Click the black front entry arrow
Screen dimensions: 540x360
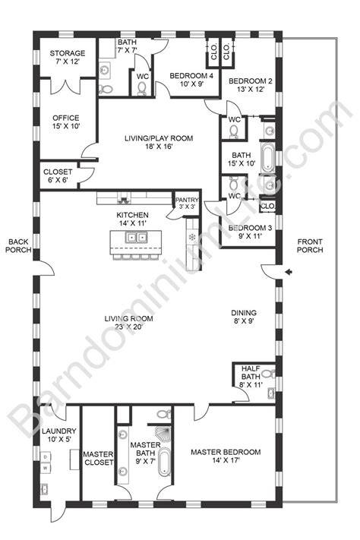[289, 272]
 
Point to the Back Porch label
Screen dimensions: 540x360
[17, 248]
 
